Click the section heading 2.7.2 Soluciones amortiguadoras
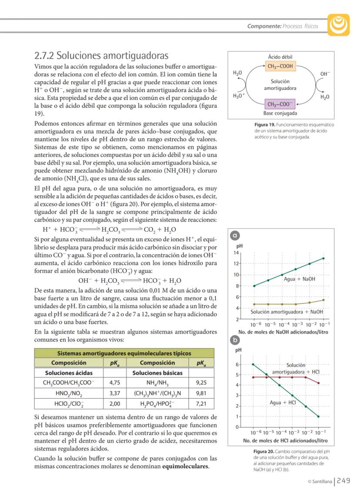click(x=101, y=56)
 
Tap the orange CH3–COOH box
click(x=280, y=67)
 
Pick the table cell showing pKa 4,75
click(x=115, y=383)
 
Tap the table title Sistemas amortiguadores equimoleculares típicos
click(x=124, y=353)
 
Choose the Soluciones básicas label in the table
click(x=157, y=373)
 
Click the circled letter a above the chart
click(x=236, y=236)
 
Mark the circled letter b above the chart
click(x=236, y=340)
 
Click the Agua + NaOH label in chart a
click(x=300, y=279)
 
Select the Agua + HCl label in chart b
click(x=283, y=403)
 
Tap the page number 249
click(x=343, y=481)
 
